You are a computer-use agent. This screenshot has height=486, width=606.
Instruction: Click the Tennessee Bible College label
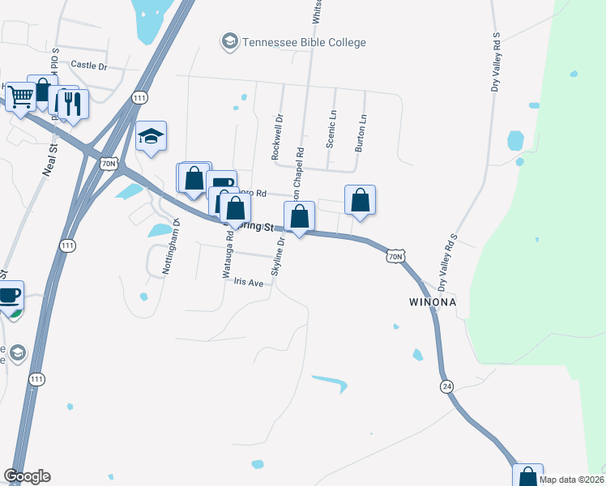click(305, 42)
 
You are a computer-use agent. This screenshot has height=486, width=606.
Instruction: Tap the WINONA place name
click(433, 303)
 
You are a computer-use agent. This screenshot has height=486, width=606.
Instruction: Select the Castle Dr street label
click(89, 64)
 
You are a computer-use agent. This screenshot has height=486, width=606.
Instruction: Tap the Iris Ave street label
click(249, 283)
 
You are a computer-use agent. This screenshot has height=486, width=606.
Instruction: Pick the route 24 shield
click(446, 386)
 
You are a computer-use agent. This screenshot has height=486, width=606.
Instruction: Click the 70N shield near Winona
click(395, 257)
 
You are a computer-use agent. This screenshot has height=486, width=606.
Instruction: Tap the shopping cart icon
click(20, 97)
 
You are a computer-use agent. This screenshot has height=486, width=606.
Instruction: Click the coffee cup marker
click(9, 296)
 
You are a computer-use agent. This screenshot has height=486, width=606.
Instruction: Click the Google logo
click(27, 476)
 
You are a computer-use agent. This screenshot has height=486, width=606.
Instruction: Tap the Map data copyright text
click(571, 480)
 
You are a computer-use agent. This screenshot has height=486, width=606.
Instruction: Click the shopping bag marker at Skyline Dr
click(299, 216)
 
